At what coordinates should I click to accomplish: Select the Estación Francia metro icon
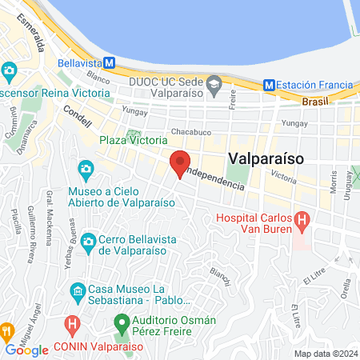click(270, 84)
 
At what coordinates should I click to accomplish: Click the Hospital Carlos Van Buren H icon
click(302, 218)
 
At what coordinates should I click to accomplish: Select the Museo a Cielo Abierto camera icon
click(86, 170)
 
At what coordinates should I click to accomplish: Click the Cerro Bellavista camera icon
click(86, 240)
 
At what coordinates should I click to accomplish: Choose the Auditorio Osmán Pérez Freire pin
click(122, 324)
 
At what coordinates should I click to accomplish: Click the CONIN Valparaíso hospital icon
click(71, 326)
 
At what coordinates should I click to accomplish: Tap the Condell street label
click(77, 118)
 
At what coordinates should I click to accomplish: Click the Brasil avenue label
click(315, 102)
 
